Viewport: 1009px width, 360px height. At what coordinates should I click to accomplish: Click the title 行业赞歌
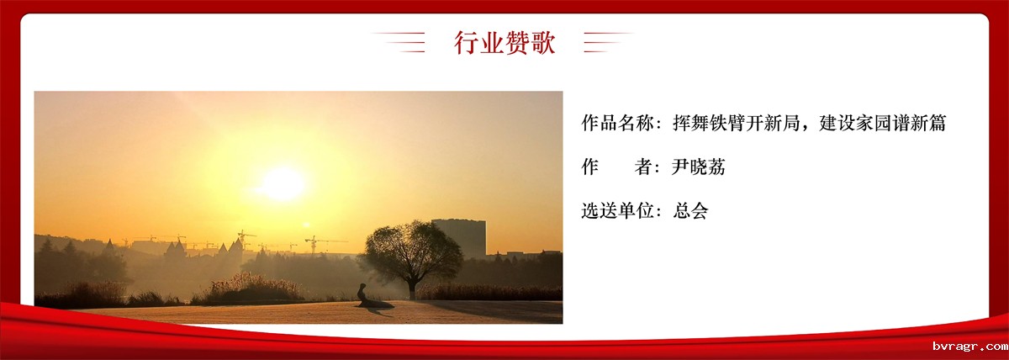click(504, 43)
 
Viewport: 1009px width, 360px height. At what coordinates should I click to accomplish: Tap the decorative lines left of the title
click(399, 42)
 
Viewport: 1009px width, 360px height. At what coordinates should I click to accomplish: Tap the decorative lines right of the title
click(608, 42)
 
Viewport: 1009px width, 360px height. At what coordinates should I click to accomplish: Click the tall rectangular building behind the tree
click(459, 238)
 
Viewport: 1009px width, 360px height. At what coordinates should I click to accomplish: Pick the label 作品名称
click(617, 123)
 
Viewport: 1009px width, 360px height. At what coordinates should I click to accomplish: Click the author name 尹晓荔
click(698, 167)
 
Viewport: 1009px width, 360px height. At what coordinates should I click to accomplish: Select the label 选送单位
click(617, 210)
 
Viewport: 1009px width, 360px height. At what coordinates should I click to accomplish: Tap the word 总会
click(690, 210)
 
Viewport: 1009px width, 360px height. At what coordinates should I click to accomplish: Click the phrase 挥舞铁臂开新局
click(737, 123)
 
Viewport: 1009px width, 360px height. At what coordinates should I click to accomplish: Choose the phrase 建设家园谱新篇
click(882, 123)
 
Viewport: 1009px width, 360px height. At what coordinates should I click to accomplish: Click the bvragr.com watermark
click(970, 347)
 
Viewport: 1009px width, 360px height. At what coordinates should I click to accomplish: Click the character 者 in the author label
click(644, 167)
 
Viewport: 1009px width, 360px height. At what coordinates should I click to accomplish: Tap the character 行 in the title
click(466, 43)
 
